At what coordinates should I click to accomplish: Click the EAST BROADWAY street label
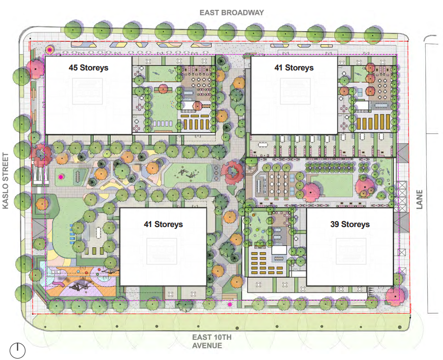(232, 13)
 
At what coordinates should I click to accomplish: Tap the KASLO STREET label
(5, 181)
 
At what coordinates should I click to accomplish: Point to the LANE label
(419, 199)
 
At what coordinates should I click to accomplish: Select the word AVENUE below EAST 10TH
(207, 346)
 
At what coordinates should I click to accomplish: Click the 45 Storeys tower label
(89, 68)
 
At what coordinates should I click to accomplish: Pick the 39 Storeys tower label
(350, 225)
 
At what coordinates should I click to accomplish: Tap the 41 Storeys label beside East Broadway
(294, 68)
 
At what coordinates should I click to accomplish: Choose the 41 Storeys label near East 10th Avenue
(163, 225)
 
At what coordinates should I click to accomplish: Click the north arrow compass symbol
(18, 351)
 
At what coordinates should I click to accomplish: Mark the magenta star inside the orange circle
(50, 50)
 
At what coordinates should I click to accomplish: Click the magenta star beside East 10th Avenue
(230, 304)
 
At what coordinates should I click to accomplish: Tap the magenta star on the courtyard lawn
(61, 177)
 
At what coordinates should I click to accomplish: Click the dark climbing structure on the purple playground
(80, 287)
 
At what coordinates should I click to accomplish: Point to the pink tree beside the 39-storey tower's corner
(395, 296)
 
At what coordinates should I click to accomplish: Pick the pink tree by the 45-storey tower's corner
(35, 68)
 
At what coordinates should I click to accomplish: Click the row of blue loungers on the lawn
(73, 234)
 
